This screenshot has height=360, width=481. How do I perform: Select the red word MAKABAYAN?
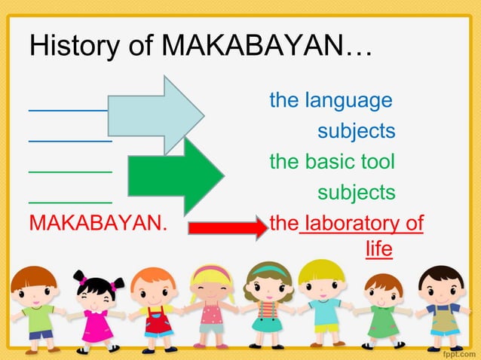98,224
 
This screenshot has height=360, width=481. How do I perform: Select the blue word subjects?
356,131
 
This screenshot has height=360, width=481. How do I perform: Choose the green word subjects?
356,192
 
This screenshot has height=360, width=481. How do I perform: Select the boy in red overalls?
155,309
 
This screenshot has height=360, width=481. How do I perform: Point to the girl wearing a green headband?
268,305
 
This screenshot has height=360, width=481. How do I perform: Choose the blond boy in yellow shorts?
323,305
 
